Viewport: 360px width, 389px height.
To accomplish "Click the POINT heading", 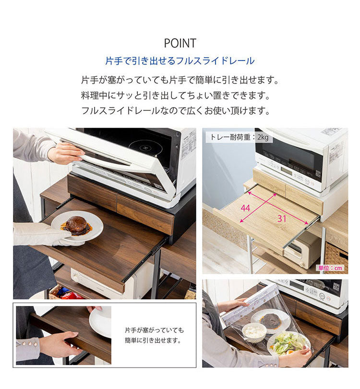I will [x=180, y=43].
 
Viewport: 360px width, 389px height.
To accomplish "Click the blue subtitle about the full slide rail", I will [x=180, y=61].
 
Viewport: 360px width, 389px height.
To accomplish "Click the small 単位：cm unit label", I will [x=331, y=268].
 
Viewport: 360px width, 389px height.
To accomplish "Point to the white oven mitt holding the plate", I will [x=41, y=235].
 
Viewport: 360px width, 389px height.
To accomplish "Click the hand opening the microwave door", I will [x=65, y=153].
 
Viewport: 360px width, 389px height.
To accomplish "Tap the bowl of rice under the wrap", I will [x=254, y=331].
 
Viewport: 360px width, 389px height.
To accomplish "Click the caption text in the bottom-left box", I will [x=153, y=335].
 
